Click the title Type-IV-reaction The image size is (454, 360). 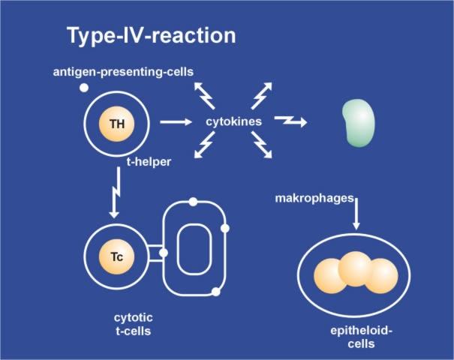click(151, 35)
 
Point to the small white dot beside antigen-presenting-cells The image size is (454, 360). click(84, 88)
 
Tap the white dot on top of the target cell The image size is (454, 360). click(193, 202)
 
